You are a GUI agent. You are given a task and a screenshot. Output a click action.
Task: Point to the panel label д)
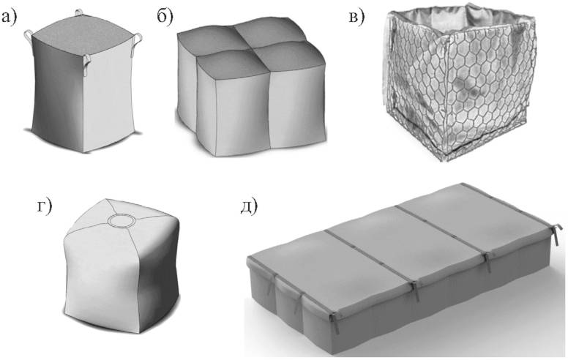click(x=250, y=206)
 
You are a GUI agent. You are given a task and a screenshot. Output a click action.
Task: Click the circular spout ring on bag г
click(x=121, y=220)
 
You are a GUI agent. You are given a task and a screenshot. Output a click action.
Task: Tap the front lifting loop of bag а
click(x=87, y=65)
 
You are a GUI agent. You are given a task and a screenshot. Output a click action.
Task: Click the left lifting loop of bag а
click(x=29, y=36)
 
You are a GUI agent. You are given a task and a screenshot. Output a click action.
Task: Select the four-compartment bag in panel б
click(x=251, y=87)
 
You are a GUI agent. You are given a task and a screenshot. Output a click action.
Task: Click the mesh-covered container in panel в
click(x=458, y=81)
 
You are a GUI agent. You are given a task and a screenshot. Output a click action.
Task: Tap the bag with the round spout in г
click(x=122, y=266)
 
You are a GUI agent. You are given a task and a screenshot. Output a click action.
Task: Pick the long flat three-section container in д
click(x=404, y=268)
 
